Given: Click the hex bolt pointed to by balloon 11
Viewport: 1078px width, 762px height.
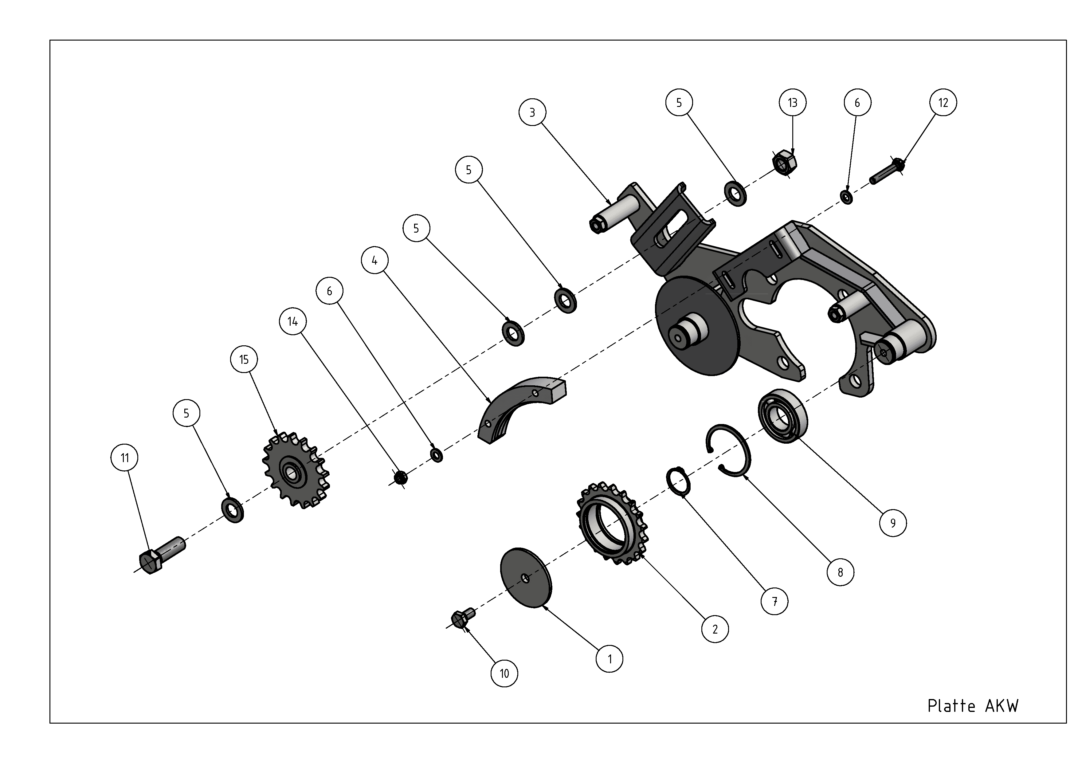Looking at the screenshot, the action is coord(162,556).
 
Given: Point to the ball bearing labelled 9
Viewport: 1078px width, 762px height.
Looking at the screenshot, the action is coord(783,415).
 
